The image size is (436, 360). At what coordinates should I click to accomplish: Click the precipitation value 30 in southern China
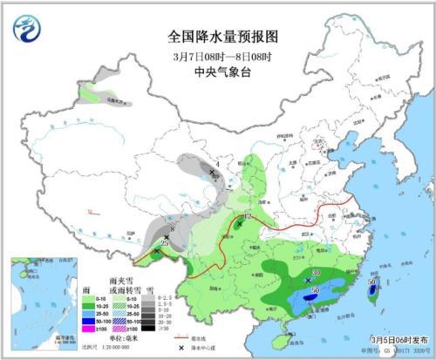(315, 273)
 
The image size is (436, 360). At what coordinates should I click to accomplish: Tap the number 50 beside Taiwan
(372, 282)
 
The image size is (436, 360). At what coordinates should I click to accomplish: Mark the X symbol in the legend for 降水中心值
(180, 347)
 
